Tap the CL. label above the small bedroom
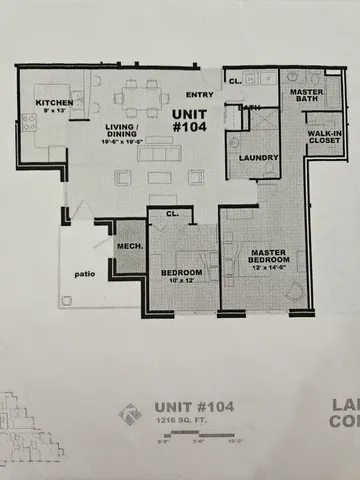(x=171, y=213)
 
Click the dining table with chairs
(x=139, y=98)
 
